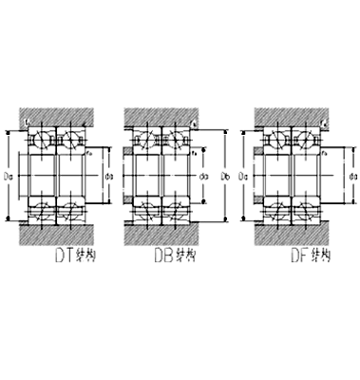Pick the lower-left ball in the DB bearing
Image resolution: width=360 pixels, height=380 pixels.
[149, 210]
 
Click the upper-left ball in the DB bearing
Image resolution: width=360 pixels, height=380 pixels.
[149, 141]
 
